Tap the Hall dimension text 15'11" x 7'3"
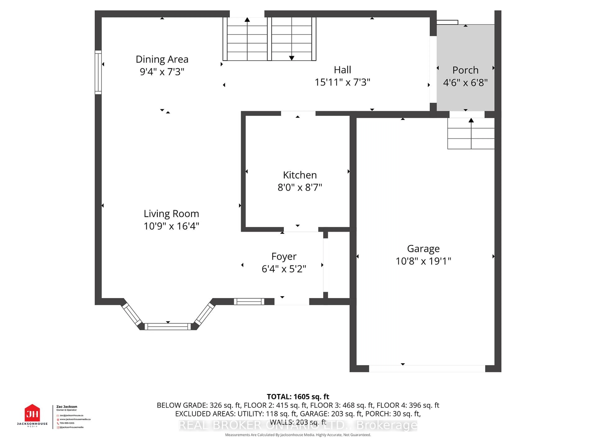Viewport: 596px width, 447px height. pyautogui.click(x=342, y=82)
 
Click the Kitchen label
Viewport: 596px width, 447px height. pyautogui.click(x=300, y=175)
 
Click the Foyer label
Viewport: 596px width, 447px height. pyautogui.click(x=284, y=256)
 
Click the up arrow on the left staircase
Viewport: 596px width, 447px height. pyautogui.click(x=247, y=20)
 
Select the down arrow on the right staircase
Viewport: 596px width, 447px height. pyautogui.click(x=291, y=58)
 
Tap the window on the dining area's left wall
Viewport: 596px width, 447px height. pyautogui.click(x=98, y=72)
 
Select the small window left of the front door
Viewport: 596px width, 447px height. pyautogui.click(x=249, y=302)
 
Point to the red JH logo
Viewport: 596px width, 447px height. pyautogui.click(x=32, y=413)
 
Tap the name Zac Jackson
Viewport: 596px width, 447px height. pyautogui.click(x=67, y=407)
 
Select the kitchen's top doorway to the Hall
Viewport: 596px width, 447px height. pyautogui.click(x=298, y=113)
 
